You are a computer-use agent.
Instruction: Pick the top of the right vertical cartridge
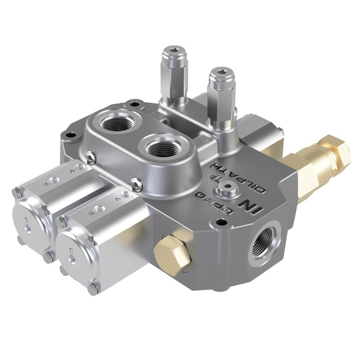click(220, 74)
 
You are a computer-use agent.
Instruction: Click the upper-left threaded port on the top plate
click(117, 123)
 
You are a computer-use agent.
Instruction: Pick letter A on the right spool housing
click(118, 197)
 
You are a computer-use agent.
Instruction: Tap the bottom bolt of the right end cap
click(93, 289)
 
